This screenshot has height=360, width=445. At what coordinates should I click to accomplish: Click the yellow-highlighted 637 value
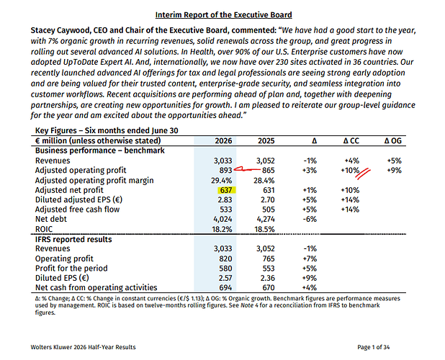pos(226,190)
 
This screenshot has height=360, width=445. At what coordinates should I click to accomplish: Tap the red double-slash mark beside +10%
pos(364,174)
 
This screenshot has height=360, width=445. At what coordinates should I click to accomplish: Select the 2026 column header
pos(223,141)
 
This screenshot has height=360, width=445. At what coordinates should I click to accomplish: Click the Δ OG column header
pos(392,141)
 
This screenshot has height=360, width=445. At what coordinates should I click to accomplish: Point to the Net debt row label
pos(51,219)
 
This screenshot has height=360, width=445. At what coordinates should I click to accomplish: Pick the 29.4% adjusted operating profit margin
pos(221,181)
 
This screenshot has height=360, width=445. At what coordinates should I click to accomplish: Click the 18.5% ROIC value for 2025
pos(264,229)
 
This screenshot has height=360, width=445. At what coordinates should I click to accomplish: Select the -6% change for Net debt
pos(310,219)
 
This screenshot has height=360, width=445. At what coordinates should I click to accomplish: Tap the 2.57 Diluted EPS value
pos(225,278)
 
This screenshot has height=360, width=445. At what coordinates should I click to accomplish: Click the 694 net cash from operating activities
pos(225,288)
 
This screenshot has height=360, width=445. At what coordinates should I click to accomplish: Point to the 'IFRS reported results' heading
pos(73,240)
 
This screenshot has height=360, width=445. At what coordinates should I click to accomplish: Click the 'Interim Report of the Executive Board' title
pos(224,14)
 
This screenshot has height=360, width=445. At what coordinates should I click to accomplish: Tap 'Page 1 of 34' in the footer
pos(374,347)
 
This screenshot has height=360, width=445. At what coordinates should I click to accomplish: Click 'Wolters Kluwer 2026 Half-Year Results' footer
pos(83,347)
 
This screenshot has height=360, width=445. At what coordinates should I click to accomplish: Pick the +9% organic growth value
pos(395,171)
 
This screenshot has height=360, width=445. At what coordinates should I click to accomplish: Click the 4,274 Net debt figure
pos(266,219)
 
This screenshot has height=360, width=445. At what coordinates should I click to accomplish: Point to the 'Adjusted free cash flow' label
pos(77,210)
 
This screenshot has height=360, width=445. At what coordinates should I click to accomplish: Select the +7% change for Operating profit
pos(310,258)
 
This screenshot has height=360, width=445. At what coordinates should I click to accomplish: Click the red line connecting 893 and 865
pos(247,170)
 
